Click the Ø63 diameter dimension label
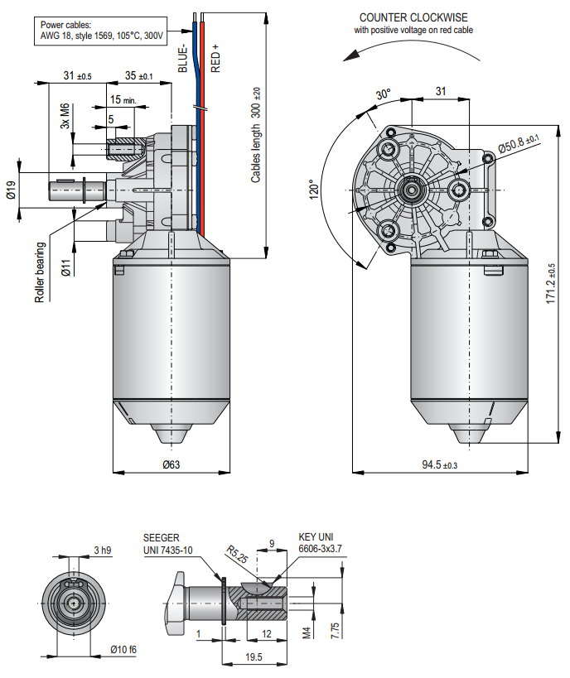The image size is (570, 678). [x=171, y=464]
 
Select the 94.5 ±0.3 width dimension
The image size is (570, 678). [x=439, y=464]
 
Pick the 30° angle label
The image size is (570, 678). [x=383, y=94]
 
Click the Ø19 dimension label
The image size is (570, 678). [x=11, y=196]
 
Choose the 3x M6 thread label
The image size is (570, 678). [x=65, y=118]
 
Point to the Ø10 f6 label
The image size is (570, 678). [x=123, y=649]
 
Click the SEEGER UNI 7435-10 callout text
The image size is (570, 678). [x=168, y=544]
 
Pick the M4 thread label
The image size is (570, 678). [x=306, y=632]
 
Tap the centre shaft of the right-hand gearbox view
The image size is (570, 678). [x=409, y=190]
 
